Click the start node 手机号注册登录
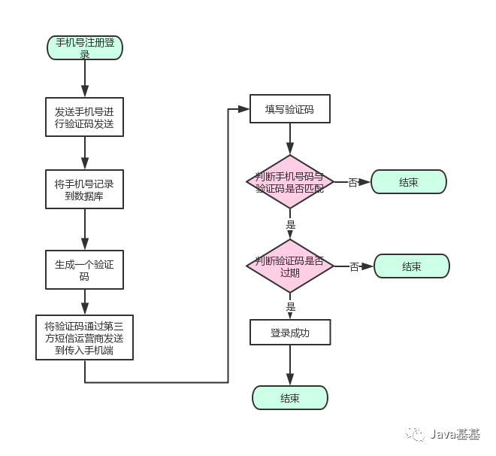[x=84, y=47]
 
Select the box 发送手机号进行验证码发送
[x=84, y=117]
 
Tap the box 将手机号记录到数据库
[x=84, y=189]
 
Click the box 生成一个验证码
[x=84, y=269]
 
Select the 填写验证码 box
[x=289, y=110]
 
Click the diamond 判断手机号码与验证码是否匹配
[x=289, y=182]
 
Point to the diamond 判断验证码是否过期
[x=289, y=266]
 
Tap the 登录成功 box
[x=289, y=332]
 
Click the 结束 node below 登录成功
[x=289, y=398]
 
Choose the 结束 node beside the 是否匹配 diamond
[x=408, y=182]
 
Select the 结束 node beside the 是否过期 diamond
[x=411, y=266]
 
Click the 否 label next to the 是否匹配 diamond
[x=353, y=182]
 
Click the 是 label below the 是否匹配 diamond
[x=291, y=224]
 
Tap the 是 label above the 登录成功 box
[x=291, y=307]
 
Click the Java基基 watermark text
[x=455, y=434]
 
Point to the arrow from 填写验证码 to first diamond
[x=289, y=140]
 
